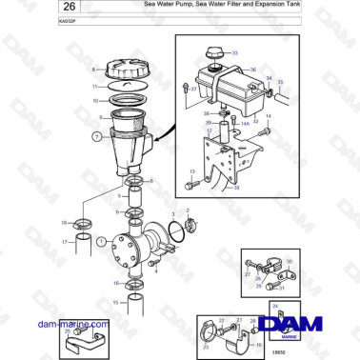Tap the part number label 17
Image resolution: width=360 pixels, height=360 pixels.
(x=64, y=243)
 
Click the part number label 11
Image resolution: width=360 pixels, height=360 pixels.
(x=93, y=86)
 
